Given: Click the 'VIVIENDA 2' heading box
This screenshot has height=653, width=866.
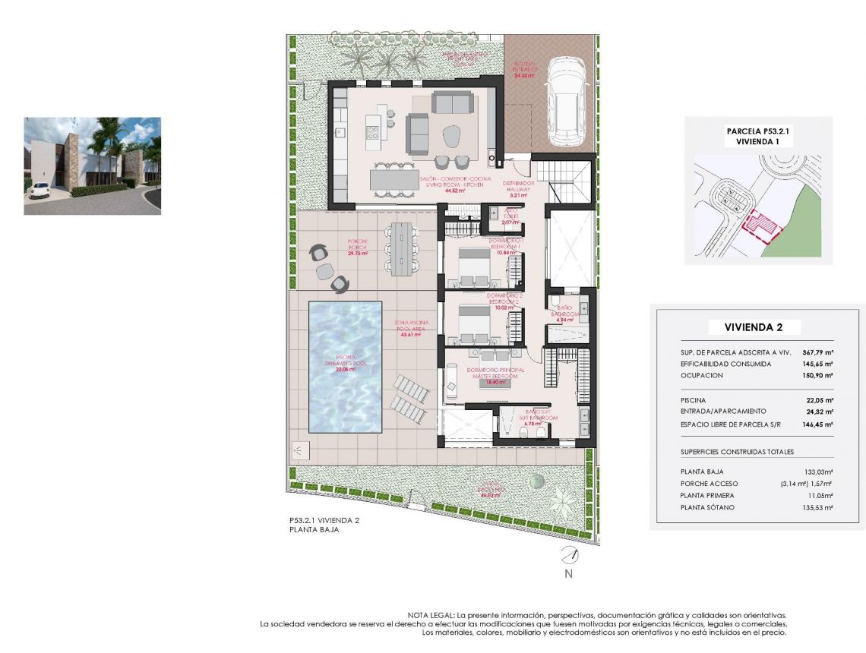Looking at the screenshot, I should (754, 328).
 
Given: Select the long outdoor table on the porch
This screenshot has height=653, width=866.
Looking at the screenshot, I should (402, 249).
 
